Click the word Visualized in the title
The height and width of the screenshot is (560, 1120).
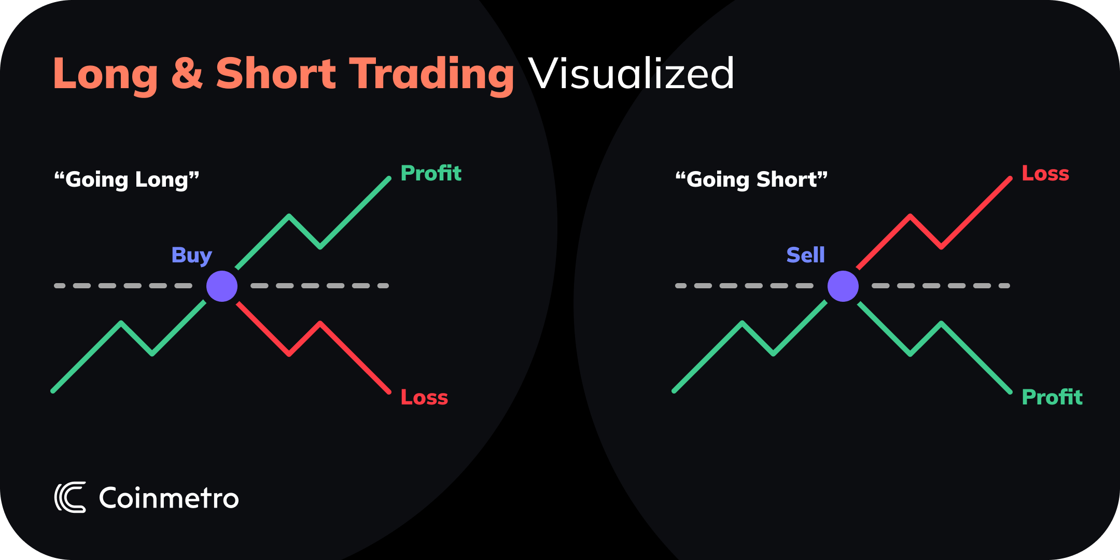[x=631, y=74]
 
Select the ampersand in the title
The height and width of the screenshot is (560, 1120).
[x=187, y=73]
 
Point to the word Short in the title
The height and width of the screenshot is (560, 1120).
[x=276, y=73]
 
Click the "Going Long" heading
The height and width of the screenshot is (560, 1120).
[x=127, y=179]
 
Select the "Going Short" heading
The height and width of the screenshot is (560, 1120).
[x=751, y=179]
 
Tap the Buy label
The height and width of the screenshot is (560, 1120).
[x=191, y=255]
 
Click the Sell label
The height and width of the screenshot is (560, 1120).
[x=805, y=255]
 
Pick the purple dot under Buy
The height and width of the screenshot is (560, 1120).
[x=222, y=286]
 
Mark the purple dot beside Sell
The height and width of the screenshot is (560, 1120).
[x=843, y=286]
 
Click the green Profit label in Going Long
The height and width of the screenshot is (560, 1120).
[x=431, y=173]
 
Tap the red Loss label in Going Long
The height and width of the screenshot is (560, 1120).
[x=424, y=398]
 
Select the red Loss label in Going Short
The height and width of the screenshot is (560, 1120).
[x=1045, y=174]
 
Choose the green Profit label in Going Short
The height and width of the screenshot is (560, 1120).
[x=1052, y=398]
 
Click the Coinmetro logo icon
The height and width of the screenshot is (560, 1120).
[x=70, y=498]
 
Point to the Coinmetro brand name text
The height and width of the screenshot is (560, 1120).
[x=169, y=498]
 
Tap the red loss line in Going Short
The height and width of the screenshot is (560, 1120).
[x=975, y=213]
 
